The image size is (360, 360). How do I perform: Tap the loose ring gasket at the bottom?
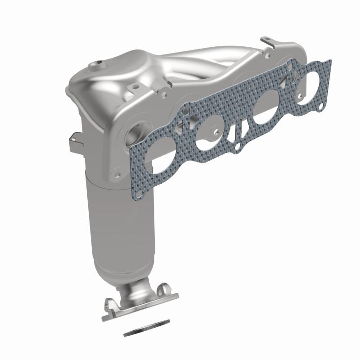[147, 328]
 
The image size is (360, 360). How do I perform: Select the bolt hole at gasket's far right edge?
[321, 106]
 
